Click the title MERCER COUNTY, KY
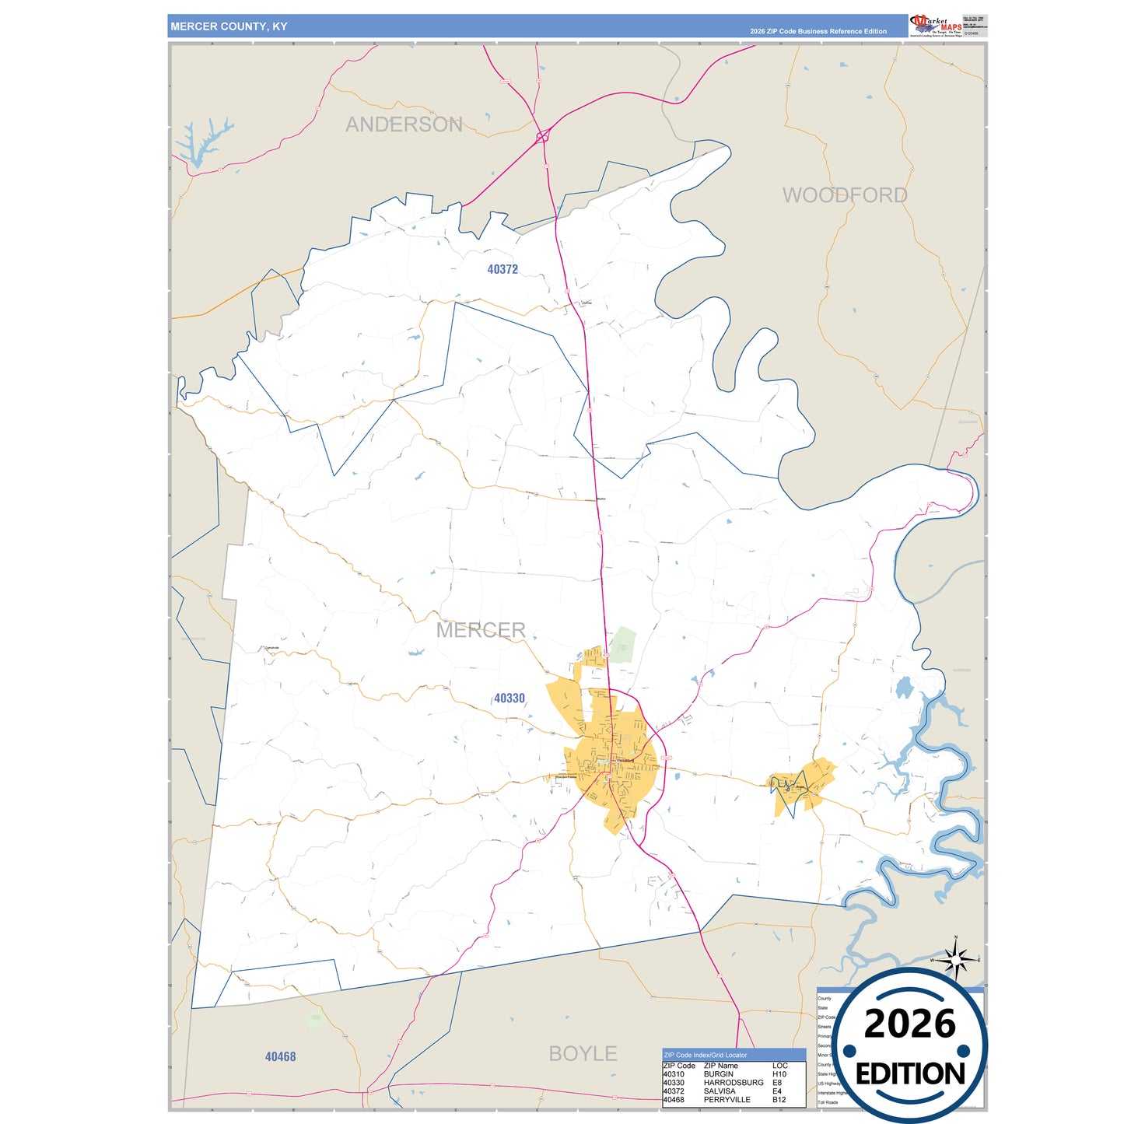pyautogui.click(x=229, y=26)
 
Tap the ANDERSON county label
pyautogui.click(x=404, y=124)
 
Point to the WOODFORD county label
pyautogui.click(x=845, y=195)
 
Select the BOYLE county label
pyautogui.click(x=583, y=1053)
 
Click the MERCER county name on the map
pyautogui.click(x=481, y=630)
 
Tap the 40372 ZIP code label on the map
pyautogui.click(x=502, y=269)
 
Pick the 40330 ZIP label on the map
pyautogui.click(x=509, y=699)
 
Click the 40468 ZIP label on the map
pyautogui.click(x=280, y=1056)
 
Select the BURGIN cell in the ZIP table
pyautogui.click(x=718, y=1074)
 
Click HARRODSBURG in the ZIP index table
pyautogui.click(x=733, y=1083)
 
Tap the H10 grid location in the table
pyautogui.click(x=779, y=1074)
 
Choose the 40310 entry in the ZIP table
pyautogui.click(x=674, y=1074)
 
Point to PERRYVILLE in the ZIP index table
pyautogui.click(x=727, y=1100)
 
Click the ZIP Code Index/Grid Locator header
pyautogui.click(x=706, y=1056)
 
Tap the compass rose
pyautogui.click(x=956, y=960)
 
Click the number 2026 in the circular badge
pyautogui.click(x=909, y=1024)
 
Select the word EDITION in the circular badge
pyautogui.click(x=910, y=1074)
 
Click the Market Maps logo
pyautogui.click(x=936, y=25)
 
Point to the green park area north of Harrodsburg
pyautogui.click(x=622, y=645)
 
